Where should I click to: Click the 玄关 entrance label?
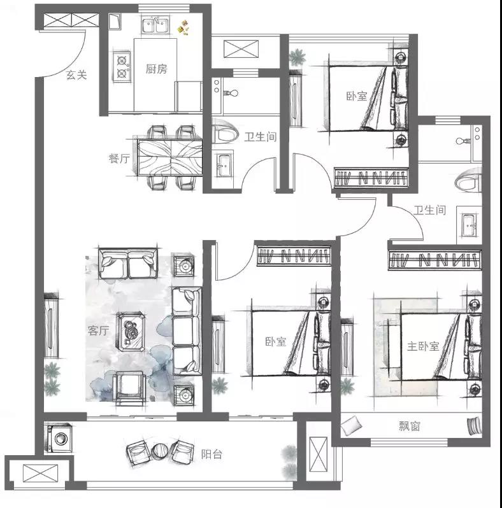76,75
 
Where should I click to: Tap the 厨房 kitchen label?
156,69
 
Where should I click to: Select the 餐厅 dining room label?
119,159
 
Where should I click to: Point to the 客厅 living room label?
98,330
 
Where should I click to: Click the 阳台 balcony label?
212,455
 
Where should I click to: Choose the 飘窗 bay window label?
409,426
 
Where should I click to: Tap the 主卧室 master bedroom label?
423,346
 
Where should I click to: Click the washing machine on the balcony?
59,438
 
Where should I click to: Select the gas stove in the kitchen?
122,67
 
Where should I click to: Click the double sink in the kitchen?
155,25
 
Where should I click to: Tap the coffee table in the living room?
131,332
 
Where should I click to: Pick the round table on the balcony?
160,451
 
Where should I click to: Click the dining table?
169,158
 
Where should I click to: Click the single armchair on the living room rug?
130,388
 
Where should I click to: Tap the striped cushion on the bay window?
474,425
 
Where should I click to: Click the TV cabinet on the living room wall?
51,325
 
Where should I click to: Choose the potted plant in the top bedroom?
298,57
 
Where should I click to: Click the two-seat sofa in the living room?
128,263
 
